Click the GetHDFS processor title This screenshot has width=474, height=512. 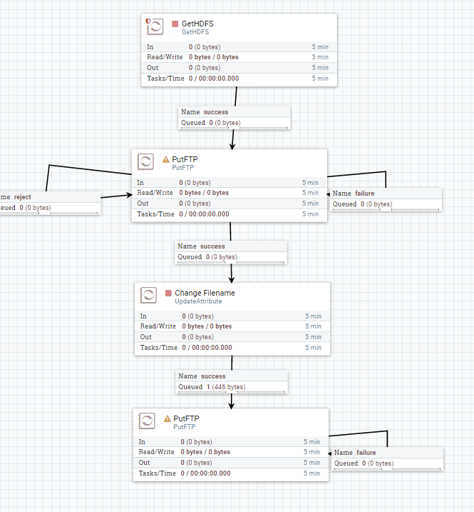(x=197, y=24)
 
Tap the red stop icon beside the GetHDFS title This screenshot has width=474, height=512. (x=175, y=24)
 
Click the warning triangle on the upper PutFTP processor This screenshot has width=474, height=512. (x=166, y=159)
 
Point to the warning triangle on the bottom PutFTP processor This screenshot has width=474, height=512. (x=168, y=418)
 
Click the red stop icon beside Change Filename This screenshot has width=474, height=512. (x=168, y=293)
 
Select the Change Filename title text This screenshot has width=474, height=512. (x=205, y=293)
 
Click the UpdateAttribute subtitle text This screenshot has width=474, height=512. (x=199, y=302)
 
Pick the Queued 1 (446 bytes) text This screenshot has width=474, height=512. (x=212, y=387)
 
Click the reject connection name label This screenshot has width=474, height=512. (x=21, y=196)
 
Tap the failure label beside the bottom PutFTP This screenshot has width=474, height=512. (x=365, y=453)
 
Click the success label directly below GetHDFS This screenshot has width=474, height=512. (x=215, y=112)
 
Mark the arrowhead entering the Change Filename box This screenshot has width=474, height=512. (x=231, y=279)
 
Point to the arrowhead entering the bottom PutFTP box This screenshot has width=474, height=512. (x=231, y=405)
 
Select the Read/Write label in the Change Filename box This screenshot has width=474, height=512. (x=158, y=326)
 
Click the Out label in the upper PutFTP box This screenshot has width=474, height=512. (x=143, y=203)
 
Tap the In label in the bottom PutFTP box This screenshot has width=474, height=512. (x=142, y=442)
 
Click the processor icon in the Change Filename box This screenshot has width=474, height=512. (x=148, y=295)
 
